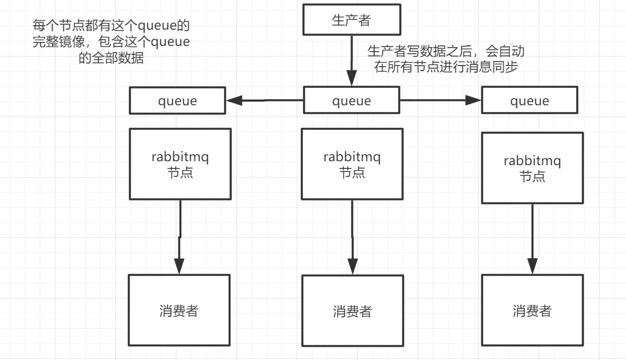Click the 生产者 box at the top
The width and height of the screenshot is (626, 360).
(x=352, y=20)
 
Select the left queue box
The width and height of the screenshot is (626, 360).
(x=178, y=101)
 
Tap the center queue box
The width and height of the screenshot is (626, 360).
(x=352, y=101)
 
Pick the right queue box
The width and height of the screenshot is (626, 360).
(x=530, y=101)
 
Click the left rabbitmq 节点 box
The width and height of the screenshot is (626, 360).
(x=180, y=164)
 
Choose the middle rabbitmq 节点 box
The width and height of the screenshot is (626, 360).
(x=352, y=164)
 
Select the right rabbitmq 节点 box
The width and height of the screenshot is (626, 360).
(x=532, y=168)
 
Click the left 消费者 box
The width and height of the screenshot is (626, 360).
(x=179, y=310)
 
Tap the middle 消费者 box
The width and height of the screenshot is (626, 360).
(x=352, y=311)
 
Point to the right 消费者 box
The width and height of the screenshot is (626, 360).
(x=532, y=310)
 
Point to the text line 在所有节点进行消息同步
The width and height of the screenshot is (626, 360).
(x=446, y=67)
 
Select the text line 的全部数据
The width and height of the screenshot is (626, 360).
(x=111, y=58)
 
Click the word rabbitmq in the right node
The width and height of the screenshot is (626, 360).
(x=532, y=161)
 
